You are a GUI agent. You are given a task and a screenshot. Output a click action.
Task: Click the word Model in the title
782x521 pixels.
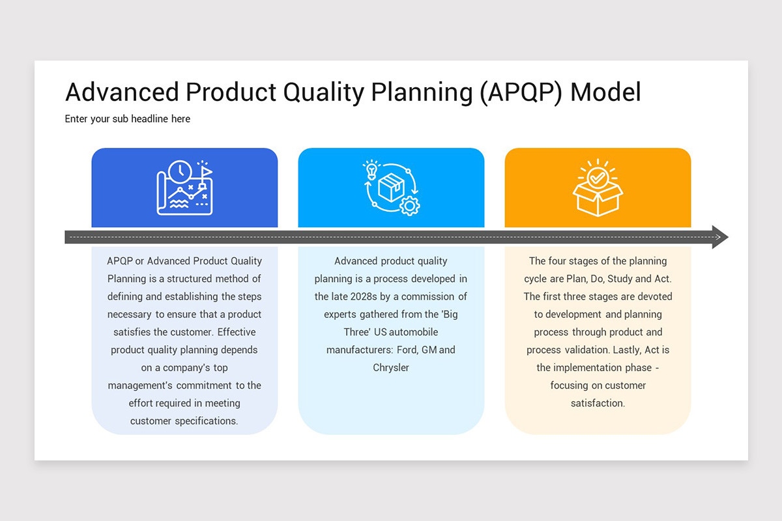coord(605,92)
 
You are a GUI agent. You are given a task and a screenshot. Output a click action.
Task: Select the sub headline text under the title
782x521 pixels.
coord(128,119)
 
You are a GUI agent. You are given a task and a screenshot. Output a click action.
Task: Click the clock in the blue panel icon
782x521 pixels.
coord(179,172)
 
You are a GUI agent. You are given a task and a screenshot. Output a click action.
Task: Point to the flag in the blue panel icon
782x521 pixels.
coord(205,172)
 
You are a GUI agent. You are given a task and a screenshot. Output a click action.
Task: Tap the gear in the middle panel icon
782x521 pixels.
coord(409,206)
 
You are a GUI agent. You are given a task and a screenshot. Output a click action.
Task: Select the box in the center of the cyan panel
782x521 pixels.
coord(391,188)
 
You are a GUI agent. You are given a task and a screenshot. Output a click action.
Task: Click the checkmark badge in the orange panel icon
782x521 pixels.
coord(597,177)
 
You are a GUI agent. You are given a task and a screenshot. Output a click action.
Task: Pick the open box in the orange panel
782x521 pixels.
coord(598,199)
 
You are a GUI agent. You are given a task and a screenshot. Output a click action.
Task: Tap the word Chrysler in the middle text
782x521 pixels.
coord(391,367)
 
